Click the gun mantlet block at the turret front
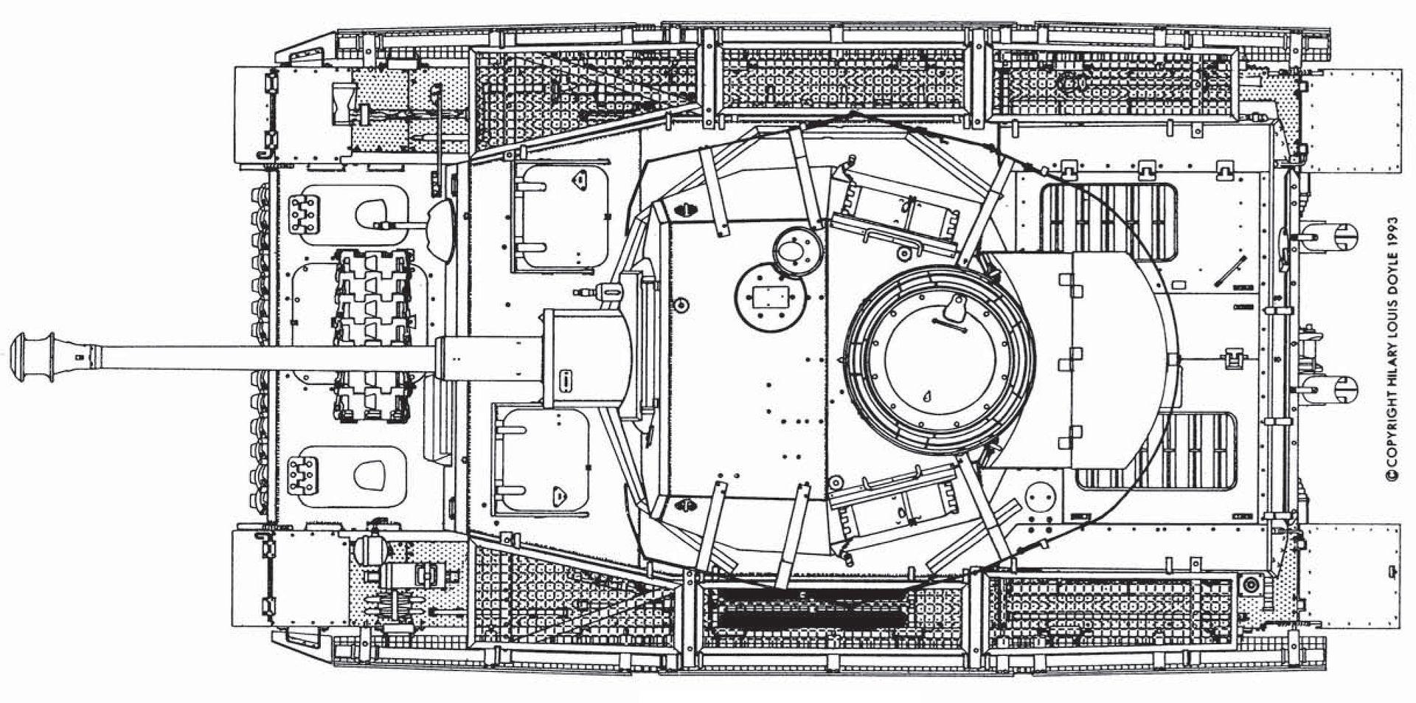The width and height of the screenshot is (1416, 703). click(x=583, y=358)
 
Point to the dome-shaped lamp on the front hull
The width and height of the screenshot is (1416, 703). click(x=440, y=228)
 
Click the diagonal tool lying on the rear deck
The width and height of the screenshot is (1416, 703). click(x=1230, y=271)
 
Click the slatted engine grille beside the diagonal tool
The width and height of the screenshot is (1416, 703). click(x=1106, y=221)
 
